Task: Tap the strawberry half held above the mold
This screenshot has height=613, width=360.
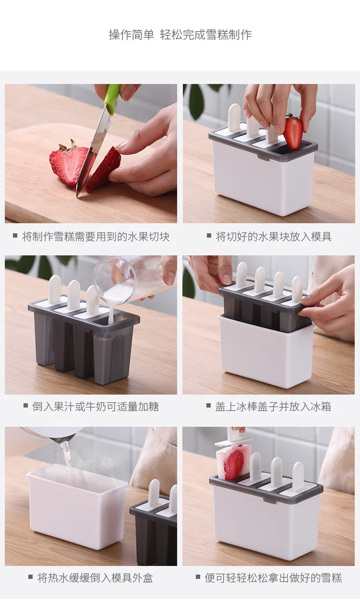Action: (293, 131)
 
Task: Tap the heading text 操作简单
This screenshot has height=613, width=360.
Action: (132, 35)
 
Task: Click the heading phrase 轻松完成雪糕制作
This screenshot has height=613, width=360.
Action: (206, 35)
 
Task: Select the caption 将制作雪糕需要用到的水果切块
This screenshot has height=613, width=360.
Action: (96, 237)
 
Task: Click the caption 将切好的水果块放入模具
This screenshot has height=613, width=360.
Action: (274, 237)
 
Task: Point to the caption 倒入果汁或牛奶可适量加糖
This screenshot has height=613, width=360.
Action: (95, 407)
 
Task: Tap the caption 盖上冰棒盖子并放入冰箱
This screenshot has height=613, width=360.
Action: (273, 407)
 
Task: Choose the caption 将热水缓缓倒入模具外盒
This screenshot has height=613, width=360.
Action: (95, 578)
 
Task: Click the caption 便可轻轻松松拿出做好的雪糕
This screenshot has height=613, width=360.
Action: (273, 578)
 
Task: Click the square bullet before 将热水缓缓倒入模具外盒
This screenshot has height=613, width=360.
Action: (31, 577)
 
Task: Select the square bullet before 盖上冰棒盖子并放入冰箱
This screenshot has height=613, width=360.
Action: (209, 405)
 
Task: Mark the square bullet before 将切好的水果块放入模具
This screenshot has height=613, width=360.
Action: (209, 235)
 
